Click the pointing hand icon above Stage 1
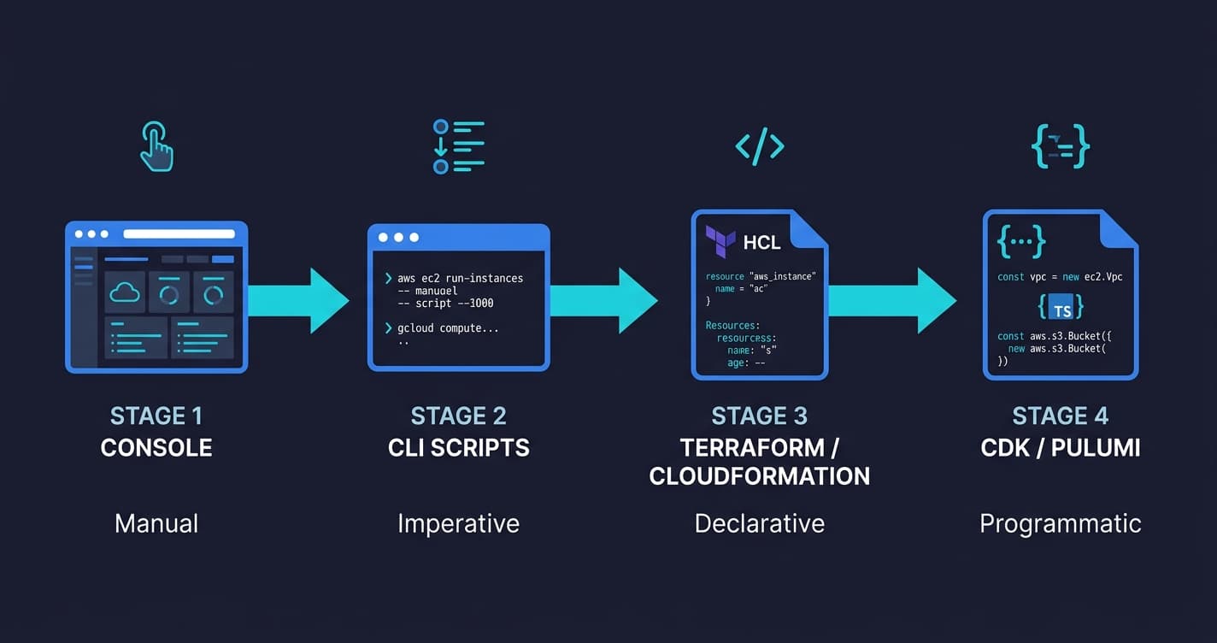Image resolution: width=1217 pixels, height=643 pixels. pyautogui.click(x=157, y=146)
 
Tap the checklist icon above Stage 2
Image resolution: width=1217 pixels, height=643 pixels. pyautogui.click(x=458, y=146)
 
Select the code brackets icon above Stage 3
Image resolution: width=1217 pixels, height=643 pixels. pyautogui.click(x=760, y=146)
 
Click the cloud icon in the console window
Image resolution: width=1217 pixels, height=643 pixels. pyautogui.click(x=125, y=292)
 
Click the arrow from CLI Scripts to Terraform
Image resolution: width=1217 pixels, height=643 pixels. pyautogui.click(x=603, y=300)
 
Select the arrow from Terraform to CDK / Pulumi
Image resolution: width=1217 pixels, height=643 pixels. pyautogui.click(x=892, y=300)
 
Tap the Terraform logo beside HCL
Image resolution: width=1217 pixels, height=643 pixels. pyautogui.click(x=720, y=242)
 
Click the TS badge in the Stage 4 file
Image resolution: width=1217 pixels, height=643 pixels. pyautogui.click(x=1061, y=307)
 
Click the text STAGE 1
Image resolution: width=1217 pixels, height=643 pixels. pyautogui.click(x=156, y=416)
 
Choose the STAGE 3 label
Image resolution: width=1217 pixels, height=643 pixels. pyautogui.click(x=760, y=416)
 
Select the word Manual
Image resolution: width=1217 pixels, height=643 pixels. pyautogui.click(x=156, y=523)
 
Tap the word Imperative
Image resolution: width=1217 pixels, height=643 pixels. pyautogui.click(x=458, y=523)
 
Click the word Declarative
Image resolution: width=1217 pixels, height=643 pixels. pyautogui.click(x=760, y=523)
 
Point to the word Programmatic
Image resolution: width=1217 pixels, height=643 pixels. pyautogui.click(x=1061, y=523)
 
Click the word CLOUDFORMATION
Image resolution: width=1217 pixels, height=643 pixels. pyautogui.click(x=760, y=476)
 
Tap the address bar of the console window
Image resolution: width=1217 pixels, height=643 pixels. pyautogui.click(x=179, y=233)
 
